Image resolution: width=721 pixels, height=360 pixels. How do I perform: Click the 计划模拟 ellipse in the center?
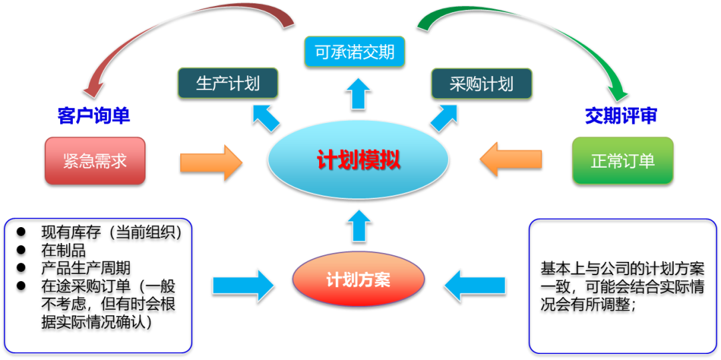358,161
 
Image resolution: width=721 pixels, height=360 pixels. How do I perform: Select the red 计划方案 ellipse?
358,279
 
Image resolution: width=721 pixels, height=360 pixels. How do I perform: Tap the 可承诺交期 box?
354,51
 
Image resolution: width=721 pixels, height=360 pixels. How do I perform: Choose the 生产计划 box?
228,83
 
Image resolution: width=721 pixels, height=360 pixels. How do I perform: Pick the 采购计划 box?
481,83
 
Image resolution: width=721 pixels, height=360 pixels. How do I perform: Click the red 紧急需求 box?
95,161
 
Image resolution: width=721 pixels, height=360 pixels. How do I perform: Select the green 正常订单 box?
622,161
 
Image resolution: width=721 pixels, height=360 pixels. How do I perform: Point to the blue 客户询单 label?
93,116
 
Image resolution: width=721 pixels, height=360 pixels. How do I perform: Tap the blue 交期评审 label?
621,116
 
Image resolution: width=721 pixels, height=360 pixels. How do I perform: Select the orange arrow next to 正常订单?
511,160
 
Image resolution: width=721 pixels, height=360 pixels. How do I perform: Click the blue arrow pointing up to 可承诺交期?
358,93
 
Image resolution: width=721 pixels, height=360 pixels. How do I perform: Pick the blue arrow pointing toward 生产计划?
266,118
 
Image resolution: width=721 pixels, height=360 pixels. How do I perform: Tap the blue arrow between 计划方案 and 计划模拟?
358,225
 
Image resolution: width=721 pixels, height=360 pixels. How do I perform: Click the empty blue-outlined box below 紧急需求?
98,285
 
